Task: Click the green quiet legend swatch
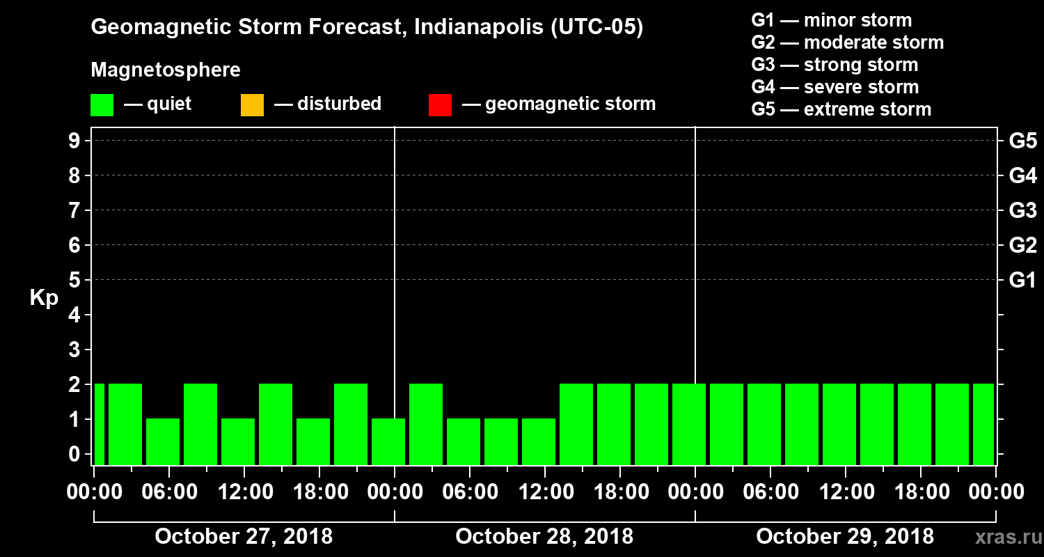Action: (102, 104)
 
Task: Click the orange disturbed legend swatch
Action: (252, 104)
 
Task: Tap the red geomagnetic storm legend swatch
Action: (440, 104)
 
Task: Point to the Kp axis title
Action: (44, 298)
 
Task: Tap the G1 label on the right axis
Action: (1022, 281)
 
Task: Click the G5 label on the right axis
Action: (1022, 141)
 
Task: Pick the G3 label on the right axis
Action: (1022, 211)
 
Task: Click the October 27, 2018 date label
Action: (244, 537)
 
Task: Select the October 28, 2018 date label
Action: (544, 537)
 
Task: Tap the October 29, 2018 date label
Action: (845, 537)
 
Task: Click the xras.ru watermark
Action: (1004, 538)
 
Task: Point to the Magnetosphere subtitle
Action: (166, 70)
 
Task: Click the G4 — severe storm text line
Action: (835, 87)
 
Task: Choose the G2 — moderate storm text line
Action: (847, 42)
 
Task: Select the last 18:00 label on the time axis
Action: (920, 492)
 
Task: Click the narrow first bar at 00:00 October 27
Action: (99, 424)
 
